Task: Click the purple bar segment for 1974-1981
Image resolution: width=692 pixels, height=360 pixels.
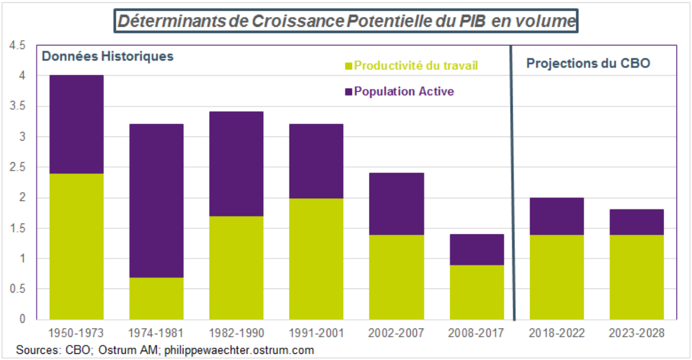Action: click(156, 201)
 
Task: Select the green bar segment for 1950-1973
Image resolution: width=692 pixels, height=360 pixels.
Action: click(76, 246)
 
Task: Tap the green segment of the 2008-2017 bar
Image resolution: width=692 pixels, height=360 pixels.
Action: click(477, 292)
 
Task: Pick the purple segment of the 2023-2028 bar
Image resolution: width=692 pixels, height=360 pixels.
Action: click(636, 222)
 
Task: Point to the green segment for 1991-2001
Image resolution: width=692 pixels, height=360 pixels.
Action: click(316, 259)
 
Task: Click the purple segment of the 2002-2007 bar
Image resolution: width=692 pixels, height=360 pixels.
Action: click(396, 204)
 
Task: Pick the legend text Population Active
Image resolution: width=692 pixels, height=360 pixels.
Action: click(404, 92)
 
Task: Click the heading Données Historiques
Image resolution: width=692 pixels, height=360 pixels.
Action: click(107, 56)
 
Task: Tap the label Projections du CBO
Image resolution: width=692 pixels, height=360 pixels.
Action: click(588, 63)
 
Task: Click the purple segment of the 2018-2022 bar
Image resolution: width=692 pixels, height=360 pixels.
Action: click(556, 216)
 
